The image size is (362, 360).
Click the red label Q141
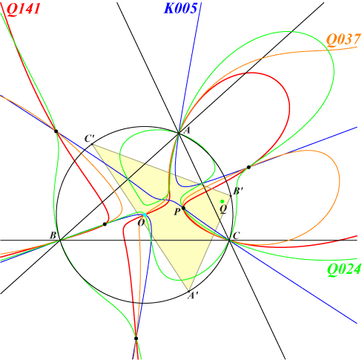point(23,10)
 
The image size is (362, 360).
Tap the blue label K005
point(180,8)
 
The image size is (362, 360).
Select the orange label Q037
point(343,39)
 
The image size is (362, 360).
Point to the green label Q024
point(344,269)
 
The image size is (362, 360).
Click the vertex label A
point(187,130)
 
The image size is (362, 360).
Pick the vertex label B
point(53,235)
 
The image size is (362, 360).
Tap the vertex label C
point(236,235)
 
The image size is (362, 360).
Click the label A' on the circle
point(193,295)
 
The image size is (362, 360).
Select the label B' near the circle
point(238,191)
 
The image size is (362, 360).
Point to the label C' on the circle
point(89,139)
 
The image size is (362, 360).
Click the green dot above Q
point(223,201)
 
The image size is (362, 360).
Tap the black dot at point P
point(183,208)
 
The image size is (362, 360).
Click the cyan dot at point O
point(145,215)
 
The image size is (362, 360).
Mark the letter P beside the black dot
point(177,212)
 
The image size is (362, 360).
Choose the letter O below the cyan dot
point(141,223)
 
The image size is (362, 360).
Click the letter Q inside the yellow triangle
point(223,209)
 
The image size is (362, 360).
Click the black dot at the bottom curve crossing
point(136,338)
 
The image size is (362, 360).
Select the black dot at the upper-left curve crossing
point(56,131)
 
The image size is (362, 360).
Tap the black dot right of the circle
point(249,167)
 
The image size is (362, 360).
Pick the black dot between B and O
point(105,224)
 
